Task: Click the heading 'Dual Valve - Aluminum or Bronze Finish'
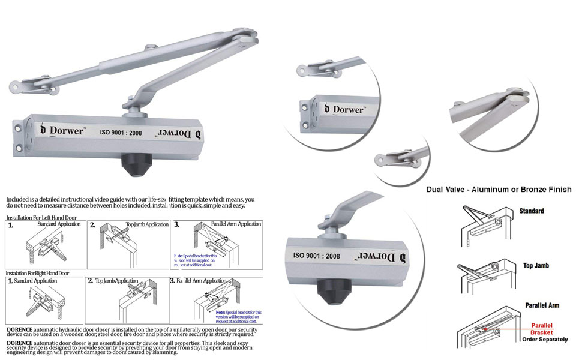[x=499, y=190]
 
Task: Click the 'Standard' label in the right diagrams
[x=532, y=211]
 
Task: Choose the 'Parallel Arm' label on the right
[x=542, y=305]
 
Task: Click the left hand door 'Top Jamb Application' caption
[x=147, y=224]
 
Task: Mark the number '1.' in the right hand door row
[x=10, y=281]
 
